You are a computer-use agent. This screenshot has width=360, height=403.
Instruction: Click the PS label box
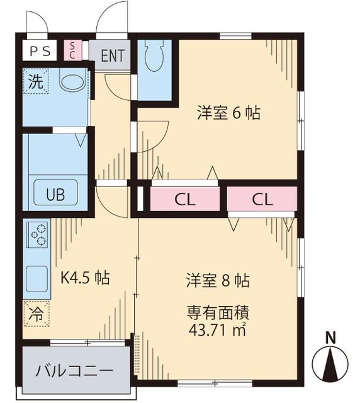pos(40,50)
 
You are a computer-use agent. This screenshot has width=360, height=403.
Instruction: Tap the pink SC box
pos(72,50)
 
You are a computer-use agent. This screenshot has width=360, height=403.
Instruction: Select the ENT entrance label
pos(112,55)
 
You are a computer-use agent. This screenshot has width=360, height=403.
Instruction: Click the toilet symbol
pos(152,60)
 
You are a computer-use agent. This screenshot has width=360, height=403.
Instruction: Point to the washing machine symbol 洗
pos(36,81)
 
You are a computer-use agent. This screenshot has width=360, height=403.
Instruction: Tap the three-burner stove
pos(37,234)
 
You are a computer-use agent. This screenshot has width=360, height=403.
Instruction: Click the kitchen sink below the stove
pos(37,278)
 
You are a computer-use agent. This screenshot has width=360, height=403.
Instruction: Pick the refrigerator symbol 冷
pos(37,314)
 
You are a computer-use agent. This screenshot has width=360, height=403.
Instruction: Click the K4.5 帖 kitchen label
pos(85,278)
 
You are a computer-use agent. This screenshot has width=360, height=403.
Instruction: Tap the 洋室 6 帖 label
pos(228,113)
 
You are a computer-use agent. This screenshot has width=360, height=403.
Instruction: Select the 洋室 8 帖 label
pos(217,280)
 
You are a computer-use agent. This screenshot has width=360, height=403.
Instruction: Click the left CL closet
pos(185,200)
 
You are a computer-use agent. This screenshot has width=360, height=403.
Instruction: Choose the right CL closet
pos(262,200)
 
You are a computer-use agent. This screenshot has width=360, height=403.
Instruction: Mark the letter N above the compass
pos(330,338)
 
